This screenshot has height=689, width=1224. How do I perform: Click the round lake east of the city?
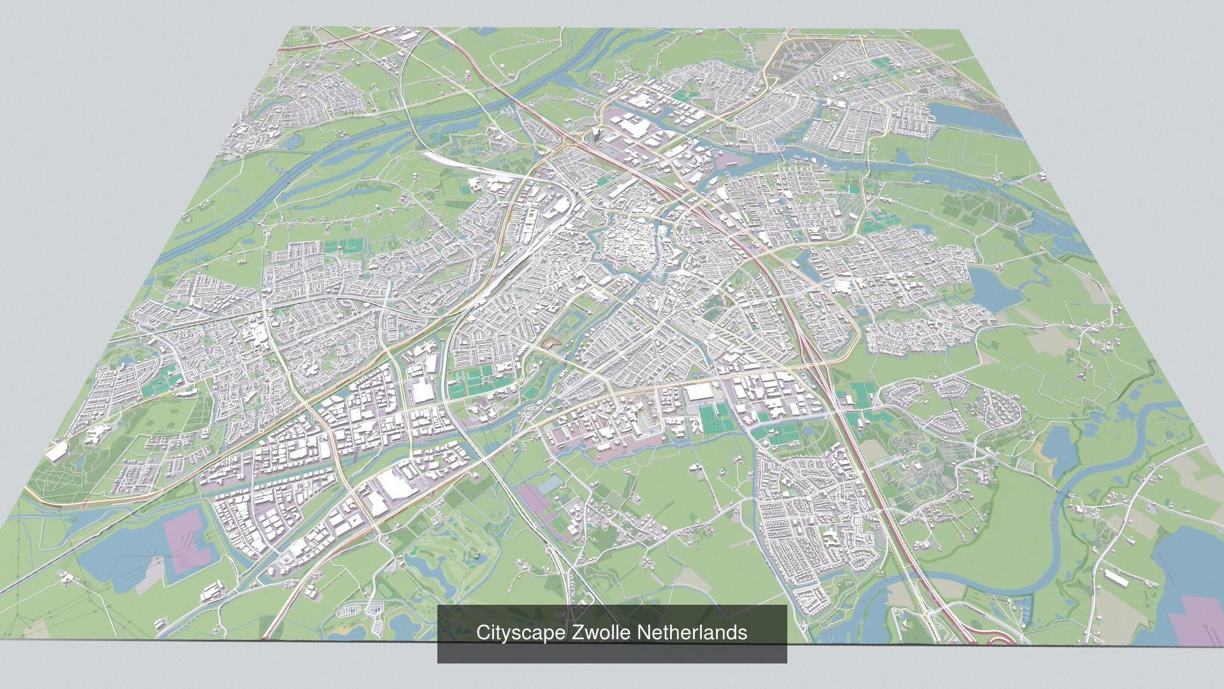pos(992,287)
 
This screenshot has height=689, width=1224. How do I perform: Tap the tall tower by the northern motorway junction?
pos(595,133)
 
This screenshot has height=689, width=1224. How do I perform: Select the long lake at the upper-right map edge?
pos(969,118)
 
